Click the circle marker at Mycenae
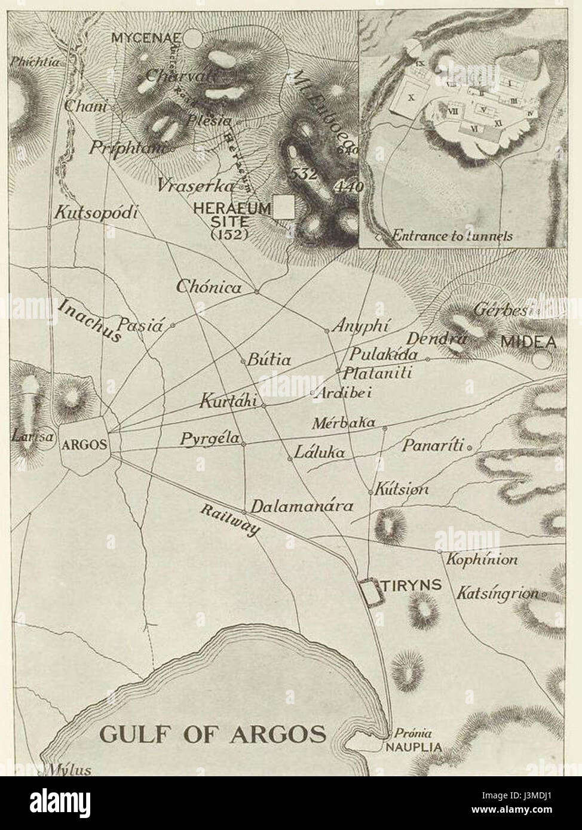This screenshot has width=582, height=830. tap(192, 39)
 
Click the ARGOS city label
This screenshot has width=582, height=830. tap(85, 444)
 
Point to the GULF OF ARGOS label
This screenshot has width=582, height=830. tap(213, 733)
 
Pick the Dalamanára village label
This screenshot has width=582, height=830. tap(302, 506)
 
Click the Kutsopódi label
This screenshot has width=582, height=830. tap(96, 213)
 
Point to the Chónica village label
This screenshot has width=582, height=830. tap(209, 287)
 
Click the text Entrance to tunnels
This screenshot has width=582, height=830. tap(452, 236)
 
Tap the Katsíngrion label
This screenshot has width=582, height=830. tap(497, 594)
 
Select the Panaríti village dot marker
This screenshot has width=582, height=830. tap(470, 447)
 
